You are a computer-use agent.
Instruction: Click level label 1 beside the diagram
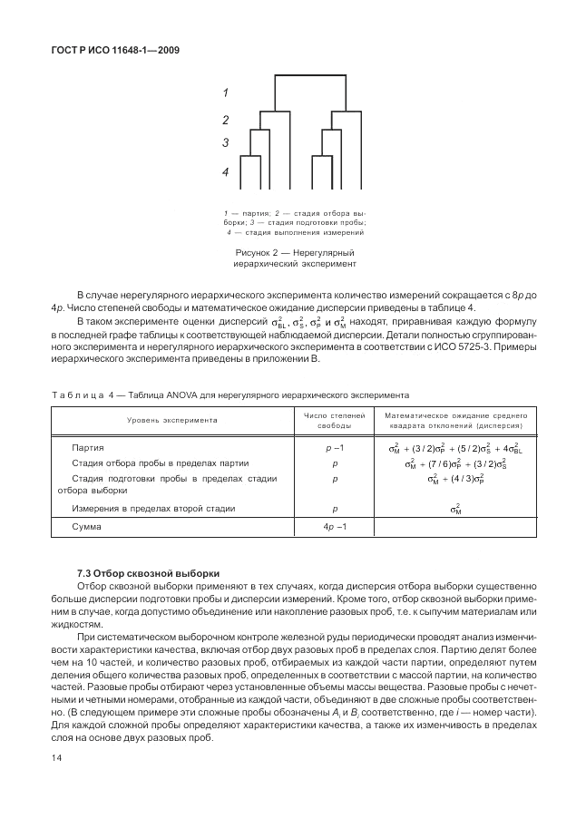pyautogui.click(x=225, y=93)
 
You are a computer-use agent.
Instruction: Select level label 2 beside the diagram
pyautogui.click(x=225, y=120)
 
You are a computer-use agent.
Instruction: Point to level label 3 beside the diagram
pyautogui.click(x=225, y=143)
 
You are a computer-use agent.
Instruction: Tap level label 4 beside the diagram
pyautogui.click(x=225, y=171)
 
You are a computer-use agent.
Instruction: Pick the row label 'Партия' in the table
pyautogui.click(x=88, y=448)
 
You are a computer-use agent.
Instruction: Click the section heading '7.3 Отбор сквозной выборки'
pyautogui.click(x=148, y=574)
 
